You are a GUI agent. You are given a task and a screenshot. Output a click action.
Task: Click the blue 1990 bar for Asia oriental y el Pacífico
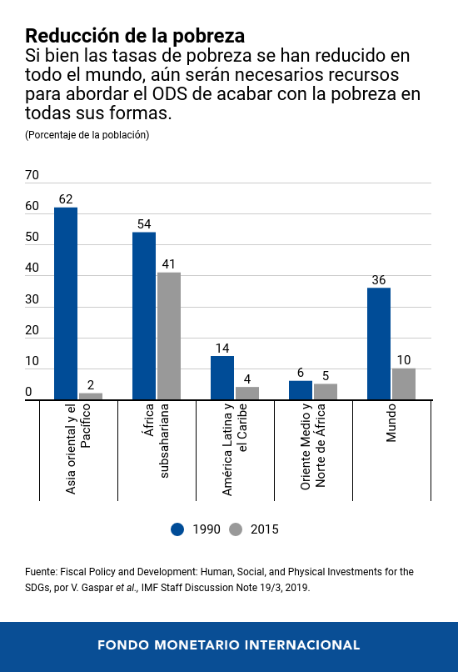pos(66,303)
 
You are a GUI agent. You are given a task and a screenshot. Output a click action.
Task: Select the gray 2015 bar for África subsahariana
pos(169,336)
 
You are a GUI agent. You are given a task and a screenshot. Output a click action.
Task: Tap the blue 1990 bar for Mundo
pos(379,344)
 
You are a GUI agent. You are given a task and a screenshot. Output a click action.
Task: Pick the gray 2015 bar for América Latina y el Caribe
pos(247,394)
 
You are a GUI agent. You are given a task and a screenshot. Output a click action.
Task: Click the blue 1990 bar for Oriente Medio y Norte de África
pos(301,390)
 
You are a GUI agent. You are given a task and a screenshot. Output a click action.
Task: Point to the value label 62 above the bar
pos(66,199)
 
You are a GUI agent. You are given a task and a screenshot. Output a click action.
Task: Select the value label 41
pos(169,264)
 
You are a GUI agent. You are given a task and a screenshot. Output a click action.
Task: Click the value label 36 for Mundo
pos(379,280)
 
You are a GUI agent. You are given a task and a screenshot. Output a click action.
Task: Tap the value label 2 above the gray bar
pos(91,385)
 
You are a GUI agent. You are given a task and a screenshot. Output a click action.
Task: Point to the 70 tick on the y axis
pos(32,176)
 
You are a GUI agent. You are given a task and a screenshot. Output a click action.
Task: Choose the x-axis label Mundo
pos(391,424)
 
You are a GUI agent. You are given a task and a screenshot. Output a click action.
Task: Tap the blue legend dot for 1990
pos(177,529)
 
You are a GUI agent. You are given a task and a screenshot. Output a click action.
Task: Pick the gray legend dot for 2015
pos(236,529)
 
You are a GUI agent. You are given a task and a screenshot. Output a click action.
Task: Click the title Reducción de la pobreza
pos(135,36)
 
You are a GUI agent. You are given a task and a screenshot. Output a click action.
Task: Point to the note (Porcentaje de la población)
pos(87,134)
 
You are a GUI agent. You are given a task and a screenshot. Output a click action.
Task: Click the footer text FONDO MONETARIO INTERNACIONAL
pos(228,645)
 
